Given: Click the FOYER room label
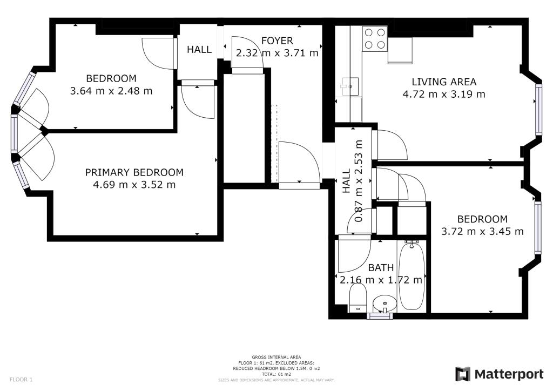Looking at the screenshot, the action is pos(277,41).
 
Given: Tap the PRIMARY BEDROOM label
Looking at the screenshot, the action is pos(134,172).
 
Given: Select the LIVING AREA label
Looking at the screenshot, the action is pos(444,82).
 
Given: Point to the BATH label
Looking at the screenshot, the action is pos(381,268).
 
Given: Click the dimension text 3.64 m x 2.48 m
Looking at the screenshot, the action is pos(111,91).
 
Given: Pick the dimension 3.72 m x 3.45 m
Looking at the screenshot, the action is pos(482,231).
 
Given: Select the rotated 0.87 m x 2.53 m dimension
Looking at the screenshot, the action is pos(359,181).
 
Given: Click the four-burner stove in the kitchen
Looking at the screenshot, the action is pos(375,39).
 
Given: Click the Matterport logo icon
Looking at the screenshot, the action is pos(463,374).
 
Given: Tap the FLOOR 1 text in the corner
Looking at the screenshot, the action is pos(21,380).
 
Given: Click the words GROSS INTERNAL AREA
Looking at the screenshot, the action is pos(276,357).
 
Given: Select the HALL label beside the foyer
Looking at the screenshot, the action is pos(199,50).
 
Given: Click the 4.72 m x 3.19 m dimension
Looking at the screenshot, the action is pos(444,94).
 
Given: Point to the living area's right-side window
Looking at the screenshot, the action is pos(538,109).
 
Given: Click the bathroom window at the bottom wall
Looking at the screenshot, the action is pos(380,316).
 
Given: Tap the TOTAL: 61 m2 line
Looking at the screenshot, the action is pos(276,374).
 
